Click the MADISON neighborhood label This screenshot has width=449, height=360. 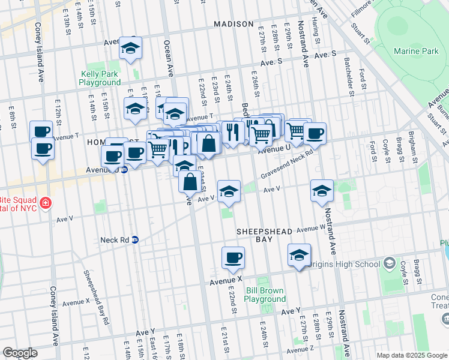234,24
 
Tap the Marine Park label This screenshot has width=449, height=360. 416,52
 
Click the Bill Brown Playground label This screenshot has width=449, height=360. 265,295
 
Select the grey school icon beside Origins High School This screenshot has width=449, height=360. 389,264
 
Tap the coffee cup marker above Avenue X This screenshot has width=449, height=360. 233,259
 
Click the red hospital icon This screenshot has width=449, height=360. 44,205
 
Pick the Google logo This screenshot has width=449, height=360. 20,353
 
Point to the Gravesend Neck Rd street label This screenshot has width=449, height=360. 288,164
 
